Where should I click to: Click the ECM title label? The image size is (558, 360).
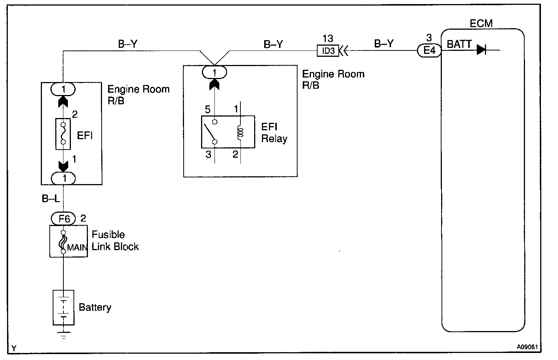(x=481, y=23)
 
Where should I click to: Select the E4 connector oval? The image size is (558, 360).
(x=429, y=50)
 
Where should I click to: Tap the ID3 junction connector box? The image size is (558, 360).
(x=328, y=50)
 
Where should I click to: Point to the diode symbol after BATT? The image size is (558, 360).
(x=481, y=49)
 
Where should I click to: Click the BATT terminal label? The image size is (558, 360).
(x=459, y=45)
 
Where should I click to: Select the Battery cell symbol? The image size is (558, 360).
(x=64, y=307)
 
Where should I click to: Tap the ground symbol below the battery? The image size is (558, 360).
(x=64, y=336)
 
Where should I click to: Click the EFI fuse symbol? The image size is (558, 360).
(x=63, y=134)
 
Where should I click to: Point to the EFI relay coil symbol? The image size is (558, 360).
(x=240, y=132)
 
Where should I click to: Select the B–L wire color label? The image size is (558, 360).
(x=50, y=199)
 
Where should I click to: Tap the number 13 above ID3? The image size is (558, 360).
(x=328, y=39)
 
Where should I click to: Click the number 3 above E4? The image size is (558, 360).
(x=429, y=38)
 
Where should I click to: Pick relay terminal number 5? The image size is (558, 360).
(x=208, y=109)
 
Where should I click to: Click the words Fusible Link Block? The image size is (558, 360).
(x=115, y=240)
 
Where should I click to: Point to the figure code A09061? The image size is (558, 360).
(x=527, y=348)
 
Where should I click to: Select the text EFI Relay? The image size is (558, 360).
(x=274, y=132)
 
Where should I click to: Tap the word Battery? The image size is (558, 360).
(x=95, y=307)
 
